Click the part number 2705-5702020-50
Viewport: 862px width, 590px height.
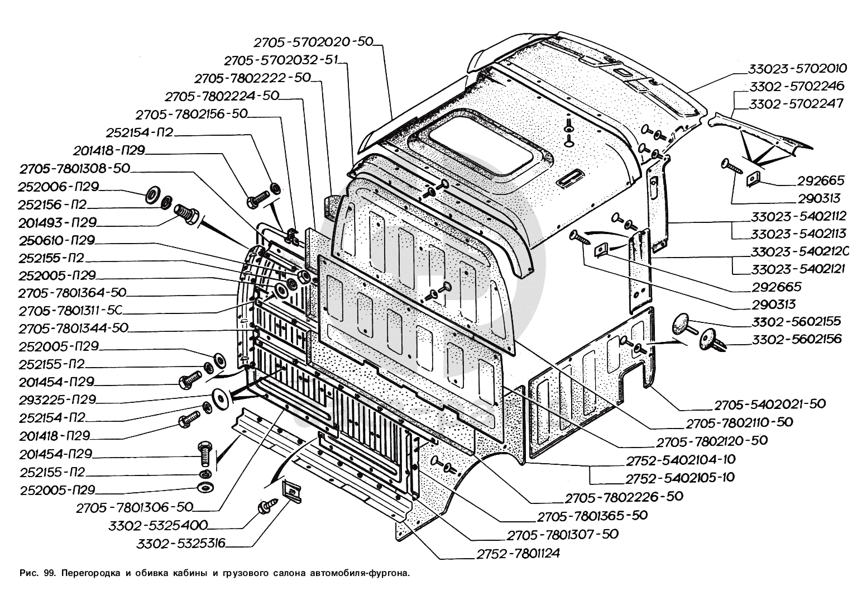313,43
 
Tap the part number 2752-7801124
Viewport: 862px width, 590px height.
518,554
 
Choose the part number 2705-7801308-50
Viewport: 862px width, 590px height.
74,168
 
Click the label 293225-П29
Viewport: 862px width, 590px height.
57,400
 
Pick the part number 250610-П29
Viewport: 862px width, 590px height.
56,240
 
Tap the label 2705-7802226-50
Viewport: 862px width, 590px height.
624,496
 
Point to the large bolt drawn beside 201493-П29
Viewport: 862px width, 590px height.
184,214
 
